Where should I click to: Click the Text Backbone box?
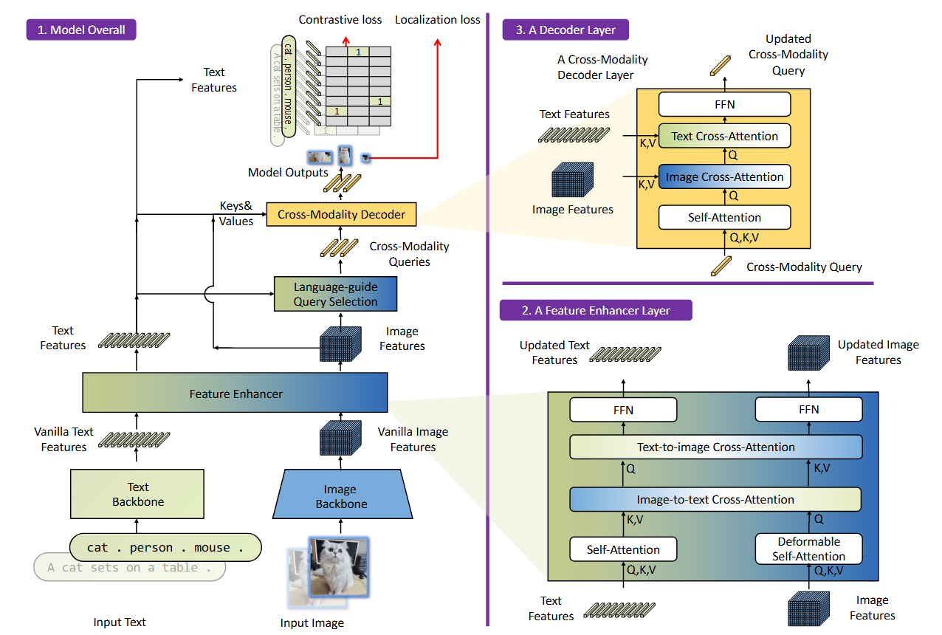click(137, 494)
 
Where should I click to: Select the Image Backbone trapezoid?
click(340, 496)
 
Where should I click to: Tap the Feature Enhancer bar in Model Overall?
click(235, 394)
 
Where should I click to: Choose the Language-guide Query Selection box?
click(335, 294)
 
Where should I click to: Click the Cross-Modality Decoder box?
click(341, 215)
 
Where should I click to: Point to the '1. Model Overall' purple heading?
click(82, 30)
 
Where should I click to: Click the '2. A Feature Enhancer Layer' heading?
click(596, 310)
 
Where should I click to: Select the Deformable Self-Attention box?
click(808, 549)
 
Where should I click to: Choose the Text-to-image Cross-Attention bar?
click(715, 447)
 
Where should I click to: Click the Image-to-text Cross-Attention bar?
click(715, 500)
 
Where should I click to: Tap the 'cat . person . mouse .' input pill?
click(165, 548)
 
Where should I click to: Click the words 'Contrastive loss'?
click(340, 20)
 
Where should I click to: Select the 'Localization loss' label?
click(437, 20)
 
